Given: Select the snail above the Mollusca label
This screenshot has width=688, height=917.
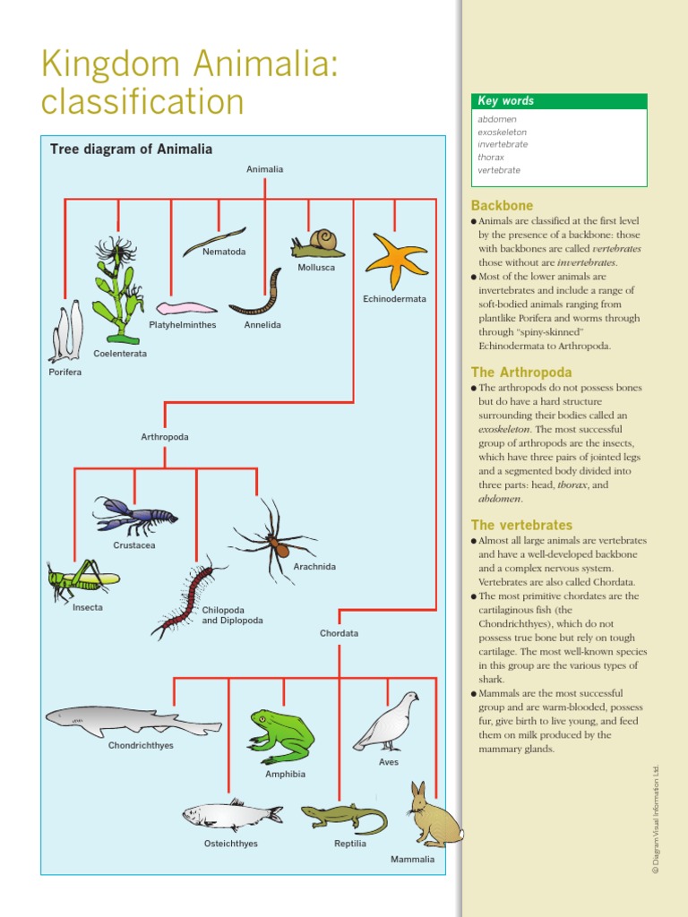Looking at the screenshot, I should point(314,243).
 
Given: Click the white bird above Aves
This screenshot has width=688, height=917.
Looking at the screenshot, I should point(386,722).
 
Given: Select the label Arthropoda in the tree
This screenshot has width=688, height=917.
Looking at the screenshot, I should point(165,437).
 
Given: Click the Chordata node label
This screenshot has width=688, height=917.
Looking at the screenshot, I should point(339,633).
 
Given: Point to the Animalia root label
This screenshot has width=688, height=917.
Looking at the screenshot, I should point(265,168).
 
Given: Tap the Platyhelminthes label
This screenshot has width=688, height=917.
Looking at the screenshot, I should point(182,325).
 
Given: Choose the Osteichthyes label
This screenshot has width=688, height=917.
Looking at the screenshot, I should point(231,844).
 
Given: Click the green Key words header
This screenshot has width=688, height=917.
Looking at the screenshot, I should point(559,101).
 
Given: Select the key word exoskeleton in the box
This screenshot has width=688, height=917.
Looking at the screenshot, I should point(502,132).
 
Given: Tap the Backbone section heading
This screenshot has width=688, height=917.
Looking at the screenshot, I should point(502,206).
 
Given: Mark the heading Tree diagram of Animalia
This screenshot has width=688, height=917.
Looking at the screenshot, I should point(131,150).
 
